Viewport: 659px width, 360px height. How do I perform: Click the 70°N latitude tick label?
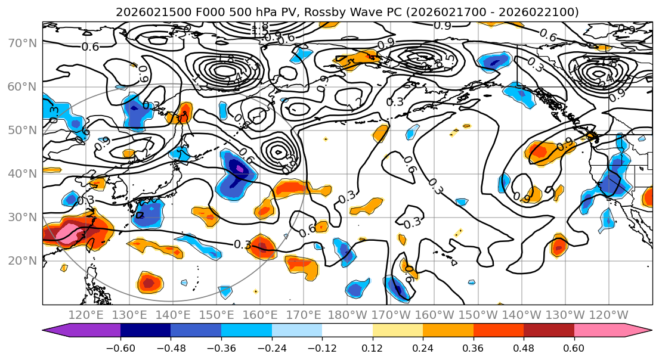click(23, 43)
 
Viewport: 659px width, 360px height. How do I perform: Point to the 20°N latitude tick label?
click(23, 260)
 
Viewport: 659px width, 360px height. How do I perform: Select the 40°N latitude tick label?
click(23, 173)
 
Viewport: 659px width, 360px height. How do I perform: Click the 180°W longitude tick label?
click(346, 315)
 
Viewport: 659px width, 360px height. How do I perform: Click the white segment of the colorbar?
click(347, 330)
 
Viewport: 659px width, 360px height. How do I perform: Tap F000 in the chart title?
click(199, 11)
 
